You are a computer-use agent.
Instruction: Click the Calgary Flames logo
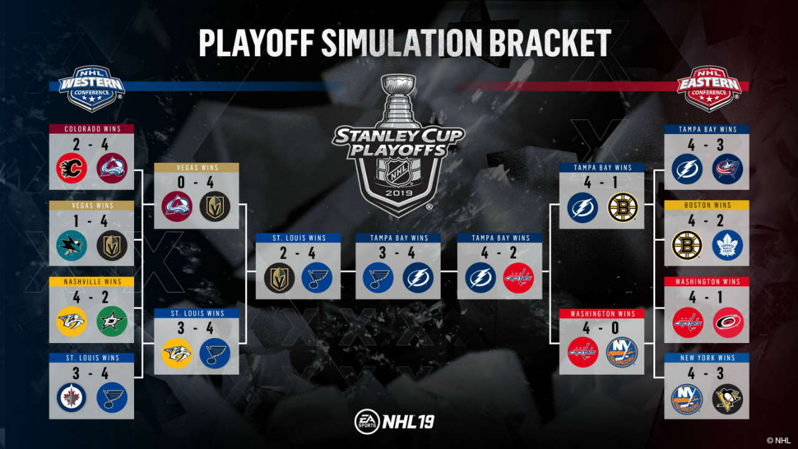72,168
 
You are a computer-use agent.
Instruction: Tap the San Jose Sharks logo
72,245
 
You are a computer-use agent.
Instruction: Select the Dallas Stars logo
112,321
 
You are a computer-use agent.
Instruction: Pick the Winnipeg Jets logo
72,398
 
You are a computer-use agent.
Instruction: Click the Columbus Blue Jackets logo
728,169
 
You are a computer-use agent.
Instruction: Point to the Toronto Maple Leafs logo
728,245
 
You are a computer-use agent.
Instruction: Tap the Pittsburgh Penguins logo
728,398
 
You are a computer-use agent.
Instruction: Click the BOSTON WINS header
708,205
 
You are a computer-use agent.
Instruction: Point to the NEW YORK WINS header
708,358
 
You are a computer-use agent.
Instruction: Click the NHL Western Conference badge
92,89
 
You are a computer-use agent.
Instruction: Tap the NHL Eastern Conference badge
709,89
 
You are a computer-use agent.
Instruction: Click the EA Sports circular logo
367,422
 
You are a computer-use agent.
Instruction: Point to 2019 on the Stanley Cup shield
398,193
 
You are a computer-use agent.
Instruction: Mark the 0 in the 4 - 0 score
615,328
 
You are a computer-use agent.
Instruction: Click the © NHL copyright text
779,441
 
